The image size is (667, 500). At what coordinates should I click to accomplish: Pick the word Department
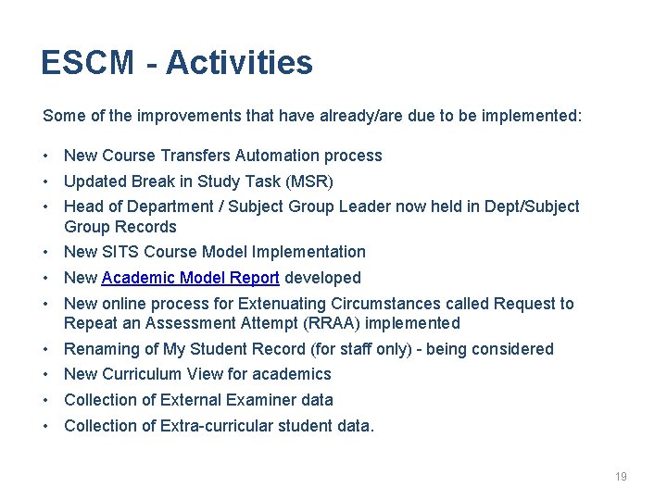(174, 206)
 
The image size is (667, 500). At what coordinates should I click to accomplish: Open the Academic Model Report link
(190, 278)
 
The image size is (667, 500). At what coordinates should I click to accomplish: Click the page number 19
(621, 476)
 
